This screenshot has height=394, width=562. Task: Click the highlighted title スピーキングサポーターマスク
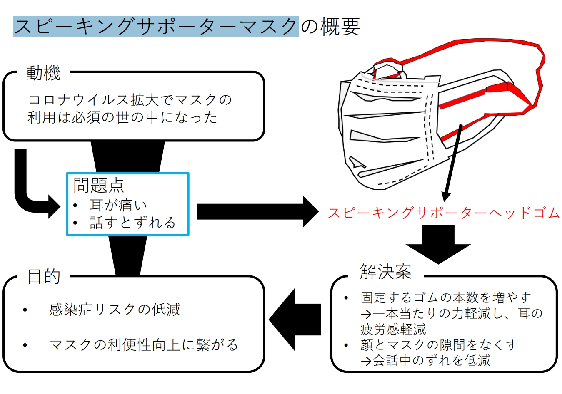point(156,26)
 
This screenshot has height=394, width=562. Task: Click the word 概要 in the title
point(340,26)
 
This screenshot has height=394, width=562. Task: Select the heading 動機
point(43,73)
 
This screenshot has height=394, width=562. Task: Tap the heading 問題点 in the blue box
point(99,185)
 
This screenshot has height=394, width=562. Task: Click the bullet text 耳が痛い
point(118,205)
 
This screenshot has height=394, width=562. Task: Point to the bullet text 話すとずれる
point(132,223)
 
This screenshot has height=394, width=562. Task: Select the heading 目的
point(44,276)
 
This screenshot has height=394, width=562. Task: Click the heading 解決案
point(386,271)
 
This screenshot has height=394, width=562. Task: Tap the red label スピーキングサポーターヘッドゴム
point(444,213)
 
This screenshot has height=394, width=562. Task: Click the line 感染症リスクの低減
point(115,310)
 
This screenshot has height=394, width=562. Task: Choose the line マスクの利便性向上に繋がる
point(144,345)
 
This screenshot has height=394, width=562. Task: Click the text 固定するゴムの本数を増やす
point(446,298)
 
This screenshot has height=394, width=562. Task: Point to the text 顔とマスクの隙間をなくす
point(439,345)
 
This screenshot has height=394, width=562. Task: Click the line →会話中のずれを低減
point(425,361)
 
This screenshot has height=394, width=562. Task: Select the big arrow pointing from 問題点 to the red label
point(258,212)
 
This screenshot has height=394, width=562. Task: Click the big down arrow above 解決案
point(438,244)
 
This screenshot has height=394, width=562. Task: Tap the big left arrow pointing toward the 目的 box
point(295,320)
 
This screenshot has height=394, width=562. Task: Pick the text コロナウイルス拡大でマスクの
point(130,100)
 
